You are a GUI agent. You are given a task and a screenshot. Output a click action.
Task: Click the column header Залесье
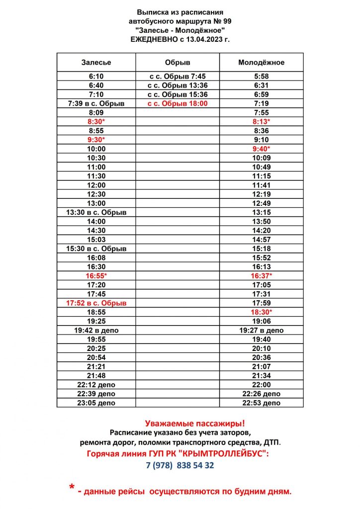point(96,62)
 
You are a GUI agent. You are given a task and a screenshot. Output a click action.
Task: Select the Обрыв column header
point(178,62)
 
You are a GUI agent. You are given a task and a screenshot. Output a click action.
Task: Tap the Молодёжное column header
point(261,62)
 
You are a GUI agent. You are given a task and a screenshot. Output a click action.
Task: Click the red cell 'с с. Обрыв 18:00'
point(178,103)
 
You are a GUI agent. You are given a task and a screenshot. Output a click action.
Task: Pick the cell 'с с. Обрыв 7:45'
point(178,77)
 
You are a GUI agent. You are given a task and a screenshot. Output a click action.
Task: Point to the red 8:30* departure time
point(96,122)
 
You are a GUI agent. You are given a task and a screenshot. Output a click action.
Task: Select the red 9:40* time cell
point(261,149)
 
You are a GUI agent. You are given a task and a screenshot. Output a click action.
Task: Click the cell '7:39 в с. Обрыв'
point(96,103)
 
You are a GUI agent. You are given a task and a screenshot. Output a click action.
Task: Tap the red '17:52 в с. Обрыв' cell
point(96,303)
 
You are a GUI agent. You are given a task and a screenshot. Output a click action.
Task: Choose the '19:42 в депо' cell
point(96,330)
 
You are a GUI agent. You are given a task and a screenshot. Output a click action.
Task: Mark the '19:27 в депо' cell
point(261,330)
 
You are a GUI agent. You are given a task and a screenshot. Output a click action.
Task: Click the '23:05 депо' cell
point(96,403)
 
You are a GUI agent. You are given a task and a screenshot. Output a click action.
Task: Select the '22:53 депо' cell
point(261,403)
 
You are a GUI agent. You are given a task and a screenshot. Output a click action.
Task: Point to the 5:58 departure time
point(261,77)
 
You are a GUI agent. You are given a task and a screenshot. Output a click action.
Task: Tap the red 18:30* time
point(261,312)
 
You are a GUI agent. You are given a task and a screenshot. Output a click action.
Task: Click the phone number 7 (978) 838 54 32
point(180,465)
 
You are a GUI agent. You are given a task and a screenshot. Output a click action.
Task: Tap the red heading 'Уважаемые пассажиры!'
point(195,424)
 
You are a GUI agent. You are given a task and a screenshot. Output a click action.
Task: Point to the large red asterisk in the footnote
point(72,488)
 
